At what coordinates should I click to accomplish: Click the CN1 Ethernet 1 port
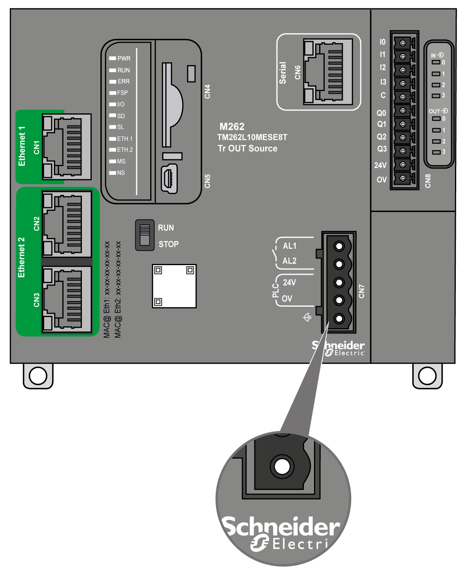67,147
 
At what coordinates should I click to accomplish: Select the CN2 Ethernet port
67,224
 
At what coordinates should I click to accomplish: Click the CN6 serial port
328,72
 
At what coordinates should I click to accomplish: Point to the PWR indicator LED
113,58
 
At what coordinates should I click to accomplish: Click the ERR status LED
113,81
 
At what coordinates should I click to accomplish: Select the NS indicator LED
113,173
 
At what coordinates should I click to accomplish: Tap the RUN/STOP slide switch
145,235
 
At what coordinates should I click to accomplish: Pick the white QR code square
174,286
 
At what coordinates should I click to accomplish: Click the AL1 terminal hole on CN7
339,246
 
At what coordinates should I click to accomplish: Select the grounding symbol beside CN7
307,317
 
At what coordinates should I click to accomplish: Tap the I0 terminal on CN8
403,43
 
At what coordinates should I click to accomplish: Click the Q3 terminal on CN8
403,151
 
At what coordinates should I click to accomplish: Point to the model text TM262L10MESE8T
252,137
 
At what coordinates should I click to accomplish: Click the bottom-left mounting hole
38,376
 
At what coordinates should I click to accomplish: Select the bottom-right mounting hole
427,376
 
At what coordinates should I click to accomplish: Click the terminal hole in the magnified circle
282,466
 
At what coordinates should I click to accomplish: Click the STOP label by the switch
169,244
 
